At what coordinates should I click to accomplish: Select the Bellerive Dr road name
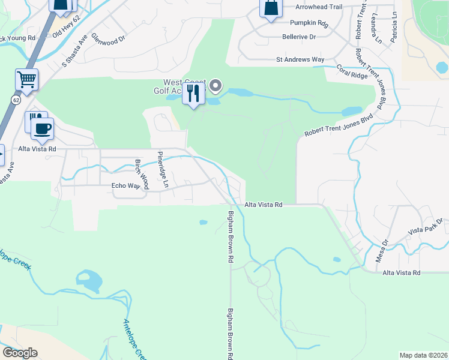coord(299,37)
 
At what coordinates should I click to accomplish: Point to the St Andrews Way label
coord(300,60)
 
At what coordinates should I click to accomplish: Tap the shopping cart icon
coord(26,79)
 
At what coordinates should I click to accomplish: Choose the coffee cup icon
coord(42,128)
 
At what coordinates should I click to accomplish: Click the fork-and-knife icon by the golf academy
coord(193,94)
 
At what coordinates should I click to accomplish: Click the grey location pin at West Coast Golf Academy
coord(216,86)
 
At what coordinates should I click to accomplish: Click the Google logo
coord(20,353)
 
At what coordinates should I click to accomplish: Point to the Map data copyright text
coord(423,355)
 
